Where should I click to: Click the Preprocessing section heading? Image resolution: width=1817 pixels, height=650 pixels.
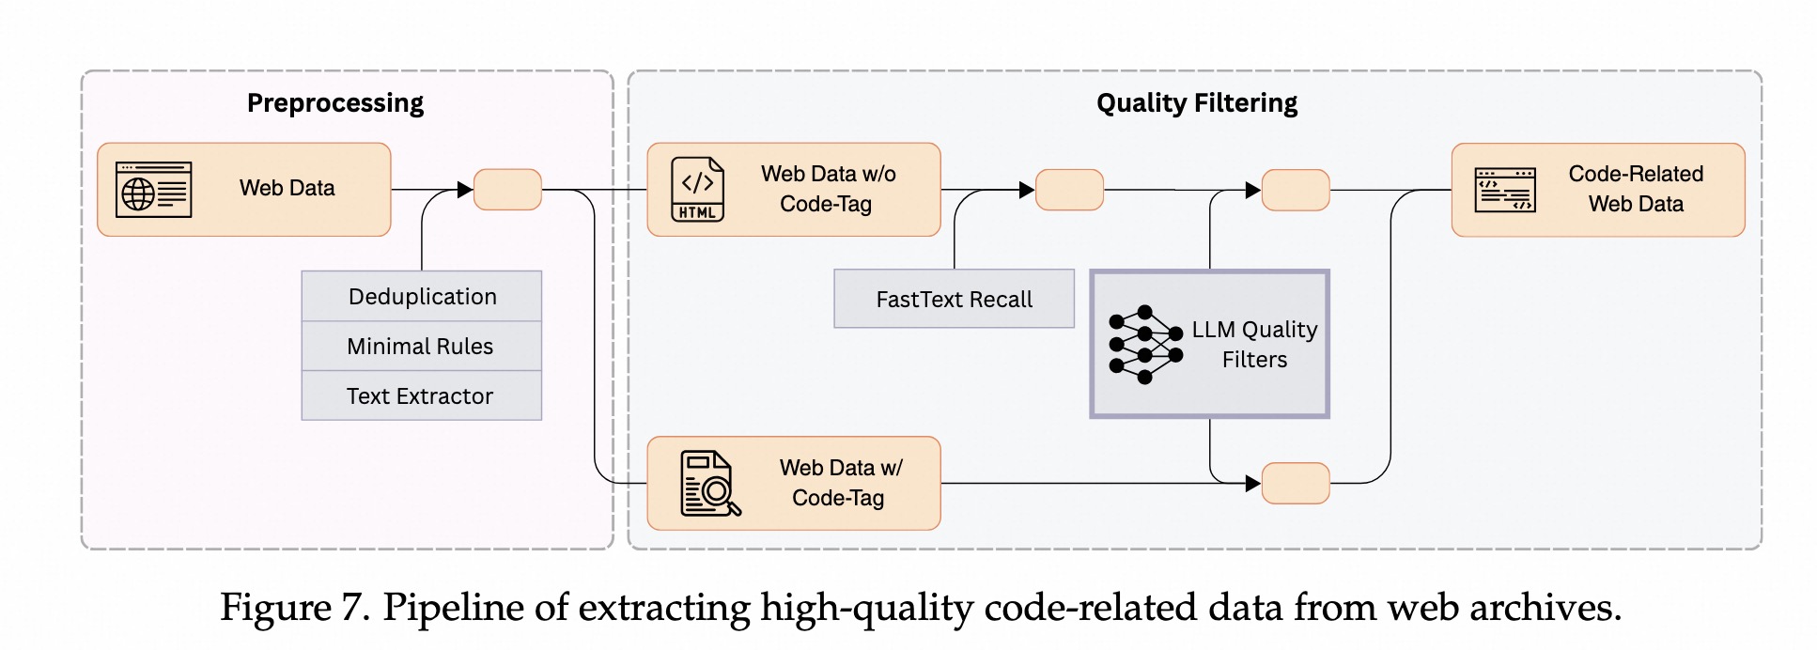coord(334,102)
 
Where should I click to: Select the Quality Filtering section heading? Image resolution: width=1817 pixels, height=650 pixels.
coord(1196,102)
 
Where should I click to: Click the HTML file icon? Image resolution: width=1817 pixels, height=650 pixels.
coord(697,189)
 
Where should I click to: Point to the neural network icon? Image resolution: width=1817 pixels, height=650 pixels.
coord(1144,345)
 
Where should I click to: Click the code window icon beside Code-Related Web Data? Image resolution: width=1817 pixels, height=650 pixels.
coord(1504,190)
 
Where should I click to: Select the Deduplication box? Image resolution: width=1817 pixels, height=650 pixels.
coord(422,297)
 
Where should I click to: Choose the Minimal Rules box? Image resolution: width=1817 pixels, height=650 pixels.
coord(421,347)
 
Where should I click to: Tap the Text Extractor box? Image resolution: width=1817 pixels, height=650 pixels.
coord(421,396)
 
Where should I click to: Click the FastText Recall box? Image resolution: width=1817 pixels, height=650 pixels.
coord(954,300)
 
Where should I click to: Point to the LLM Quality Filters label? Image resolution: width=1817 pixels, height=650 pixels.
coord(1254,345)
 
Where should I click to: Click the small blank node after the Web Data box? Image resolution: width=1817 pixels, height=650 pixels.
coord(507,190)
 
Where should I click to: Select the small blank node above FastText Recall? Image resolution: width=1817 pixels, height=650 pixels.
coord(1069,190)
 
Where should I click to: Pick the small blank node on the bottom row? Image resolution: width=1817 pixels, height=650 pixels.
coord(1296,484)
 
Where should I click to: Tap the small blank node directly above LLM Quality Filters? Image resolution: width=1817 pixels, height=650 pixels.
coord(1296,190)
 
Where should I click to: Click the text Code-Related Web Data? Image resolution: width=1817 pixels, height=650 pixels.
coord(1636,189)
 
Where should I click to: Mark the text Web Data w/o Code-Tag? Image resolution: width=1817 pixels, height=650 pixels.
coord(828,189)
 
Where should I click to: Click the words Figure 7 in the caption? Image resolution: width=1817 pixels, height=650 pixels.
coord(294,608)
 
